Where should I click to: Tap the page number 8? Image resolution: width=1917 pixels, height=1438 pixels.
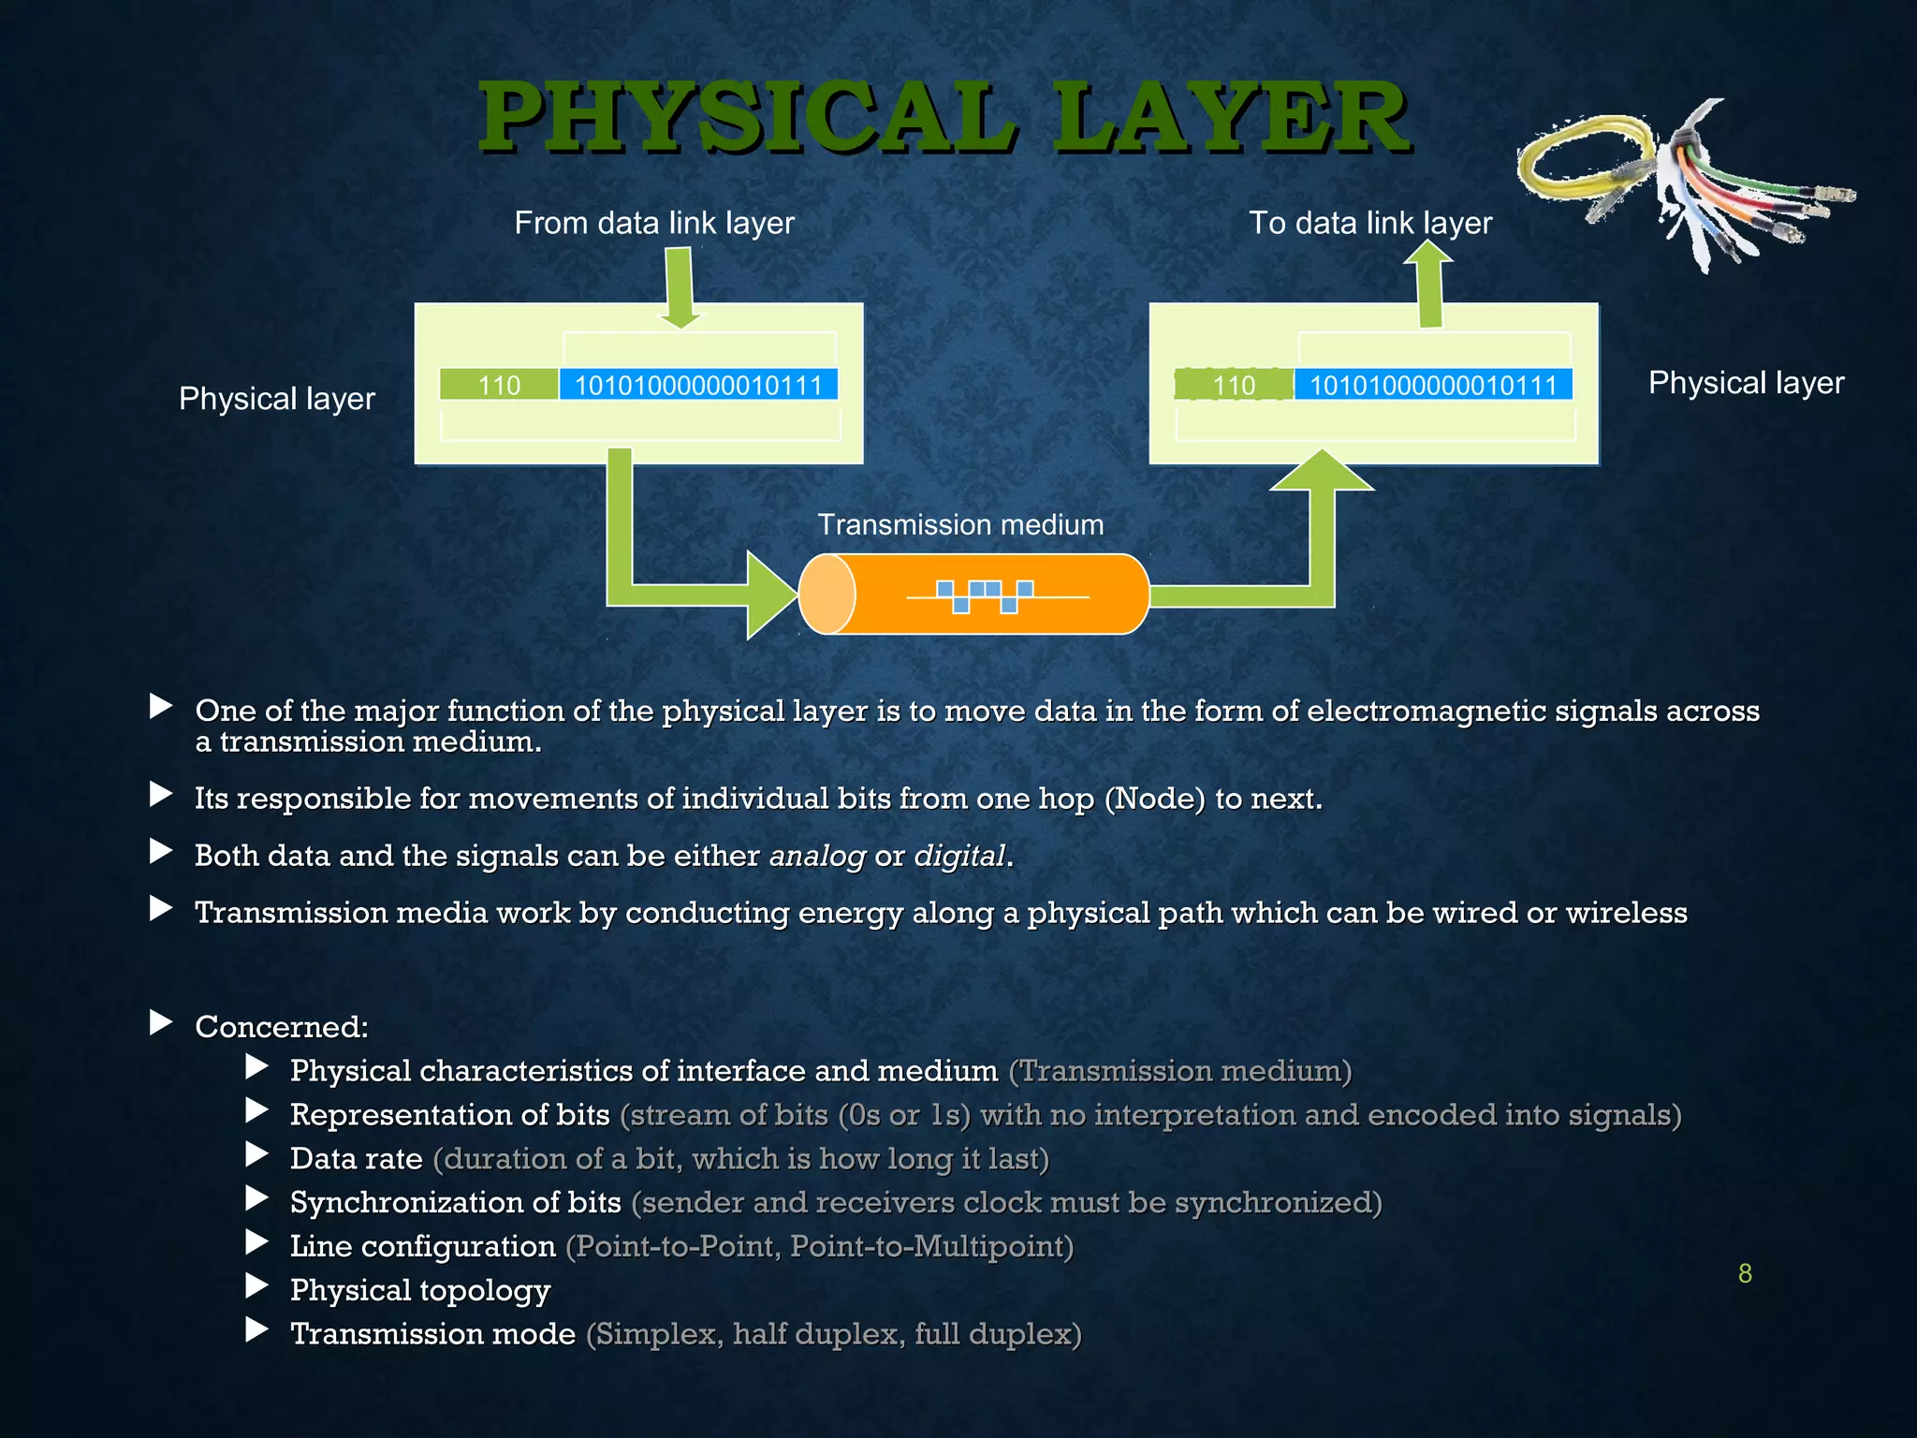pyautogui.click(x=1745, y=1273)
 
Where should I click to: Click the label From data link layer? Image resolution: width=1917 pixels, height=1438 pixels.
pyautogui.click(x=654, y=223)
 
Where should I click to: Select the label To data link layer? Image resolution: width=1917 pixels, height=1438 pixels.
pyautogui.click(x=1370, y=223)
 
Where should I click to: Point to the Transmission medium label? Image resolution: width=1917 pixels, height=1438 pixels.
pyautogui.click(x=960, y=524)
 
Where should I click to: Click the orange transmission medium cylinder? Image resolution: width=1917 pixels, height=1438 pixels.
pyautogui.click(x=973, y=594)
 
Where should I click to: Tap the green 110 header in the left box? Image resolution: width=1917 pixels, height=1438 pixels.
pyautogui.click(x=499, y=385)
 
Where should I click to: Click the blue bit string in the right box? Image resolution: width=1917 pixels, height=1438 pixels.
pyautogui.click(x=1432, y=385)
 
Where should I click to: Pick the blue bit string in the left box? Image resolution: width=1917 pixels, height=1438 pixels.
pyautogui.click(x=698, y=385)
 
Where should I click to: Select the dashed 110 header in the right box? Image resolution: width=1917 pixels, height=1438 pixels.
pyautogui.click(x=1234, y=385)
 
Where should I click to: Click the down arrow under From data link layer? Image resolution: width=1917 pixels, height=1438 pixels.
pyautogui.click(x=680, y=286)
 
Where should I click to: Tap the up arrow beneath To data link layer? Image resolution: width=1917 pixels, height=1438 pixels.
pyautogui.click(x=1428, y=285)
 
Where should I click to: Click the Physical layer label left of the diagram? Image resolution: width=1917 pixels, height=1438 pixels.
pyautogui.click(x=277, y=399)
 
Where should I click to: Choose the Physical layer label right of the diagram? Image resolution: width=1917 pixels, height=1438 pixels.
pyautogui.click(x=1746, y=383)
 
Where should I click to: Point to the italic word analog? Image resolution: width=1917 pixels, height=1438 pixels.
pyautogui.click(x=817, y=856)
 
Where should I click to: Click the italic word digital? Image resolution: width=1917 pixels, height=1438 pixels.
pyautogui.click(x=959, y=856)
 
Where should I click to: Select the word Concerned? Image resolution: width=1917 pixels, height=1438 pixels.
pyautogui.click(x=282, y=1027)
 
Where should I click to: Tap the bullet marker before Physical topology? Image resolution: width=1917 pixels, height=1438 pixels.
pyautogui.click(x=256, y=1286)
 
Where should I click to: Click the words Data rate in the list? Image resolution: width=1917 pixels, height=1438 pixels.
pyautogui.click(x=356, y=1159)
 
